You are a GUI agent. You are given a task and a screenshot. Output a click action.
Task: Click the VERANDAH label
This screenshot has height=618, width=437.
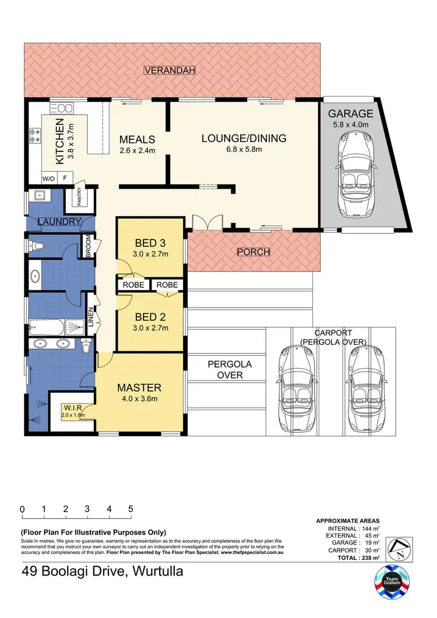[x=170, y=70]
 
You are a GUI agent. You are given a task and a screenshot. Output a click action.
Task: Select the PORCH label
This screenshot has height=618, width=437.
[x=253, y=252]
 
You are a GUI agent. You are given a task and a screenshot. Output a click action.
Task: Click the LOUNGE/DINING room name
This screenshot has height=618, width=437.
[x=244, y=138]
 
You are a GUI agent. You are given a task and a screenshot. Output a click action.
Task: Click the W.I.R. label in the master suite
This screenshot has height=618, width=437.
[x=72, y=407]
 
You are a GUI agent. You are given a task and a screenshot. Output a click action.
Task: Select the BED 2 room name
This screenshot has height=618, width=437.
[x=150, y=317]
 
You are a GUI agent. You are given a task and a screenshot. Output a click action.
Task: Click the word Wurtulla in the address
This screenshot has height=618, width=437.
[x=155, y=571]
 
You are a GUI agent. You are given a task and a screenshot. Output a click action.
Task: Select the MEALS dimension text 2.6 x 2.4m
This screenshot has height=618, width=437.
[x=137, y=151]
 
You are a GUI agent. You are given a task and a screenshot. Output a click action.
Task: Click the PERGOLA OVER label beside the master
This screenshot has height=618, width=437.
[x=230, y=370]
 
